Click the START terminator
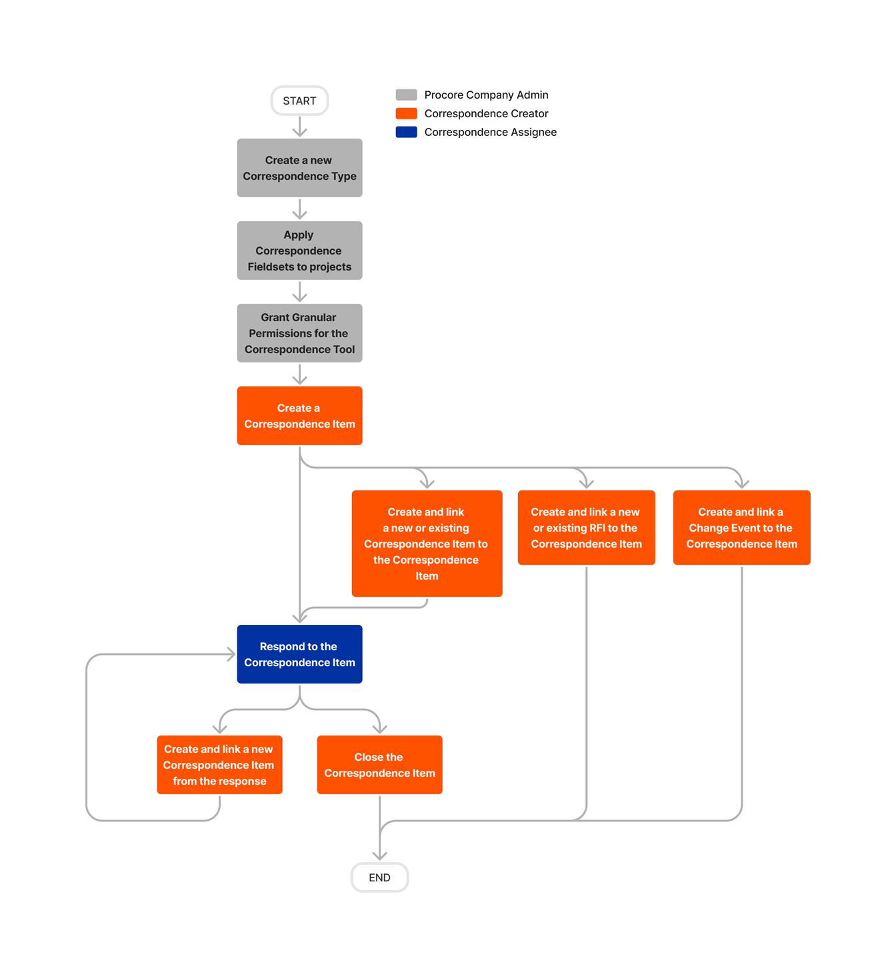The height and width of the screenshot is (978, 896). (x=299, y=101)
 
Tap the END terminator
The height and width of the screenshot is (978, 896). (x=379, y=877)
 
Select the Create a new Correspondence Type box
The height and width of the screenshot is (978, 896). (x=299, y=168)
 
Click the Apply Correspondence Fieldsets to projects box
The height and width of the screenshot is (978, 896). (x=299, y=250)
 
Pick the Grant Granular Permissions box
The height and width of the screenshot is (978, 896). (x=299, y=333)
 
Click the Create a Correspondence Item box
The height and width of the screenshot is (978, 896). (x=299, y=416)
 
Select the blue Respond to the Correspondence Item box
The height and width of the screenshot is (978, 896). (x=299, y=654)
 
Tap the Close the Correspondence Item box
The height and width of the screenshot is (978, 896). (x=379, y=765)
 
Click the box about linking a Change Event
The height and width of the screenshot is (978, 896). (x=741, y=528)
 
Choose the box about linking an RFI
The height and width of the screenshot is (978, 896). (x=586, y=528)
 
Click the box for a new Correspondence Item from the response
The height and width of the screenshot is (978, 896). (x=219, y=765)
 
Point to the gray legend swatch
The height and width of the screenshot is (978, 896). (x=406, y=95)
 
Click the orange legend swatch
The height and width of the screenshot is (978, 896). (x=406, y=113)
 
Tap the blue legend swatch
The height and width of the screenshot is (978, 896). (x=406, y=132)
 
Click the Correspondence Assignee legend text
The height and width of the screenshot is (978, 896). (x=490, y=132)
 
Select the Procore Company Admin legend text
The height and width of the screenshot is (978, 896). (x=486, y=95)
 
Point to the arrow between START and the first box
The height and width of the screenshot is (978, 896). (x=299, y=127)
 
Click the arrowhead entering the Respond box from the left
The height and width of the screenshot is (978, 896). (x=231, y=654)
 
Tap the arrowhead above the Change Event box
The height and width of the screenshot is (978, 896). (x=741, y=482)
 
